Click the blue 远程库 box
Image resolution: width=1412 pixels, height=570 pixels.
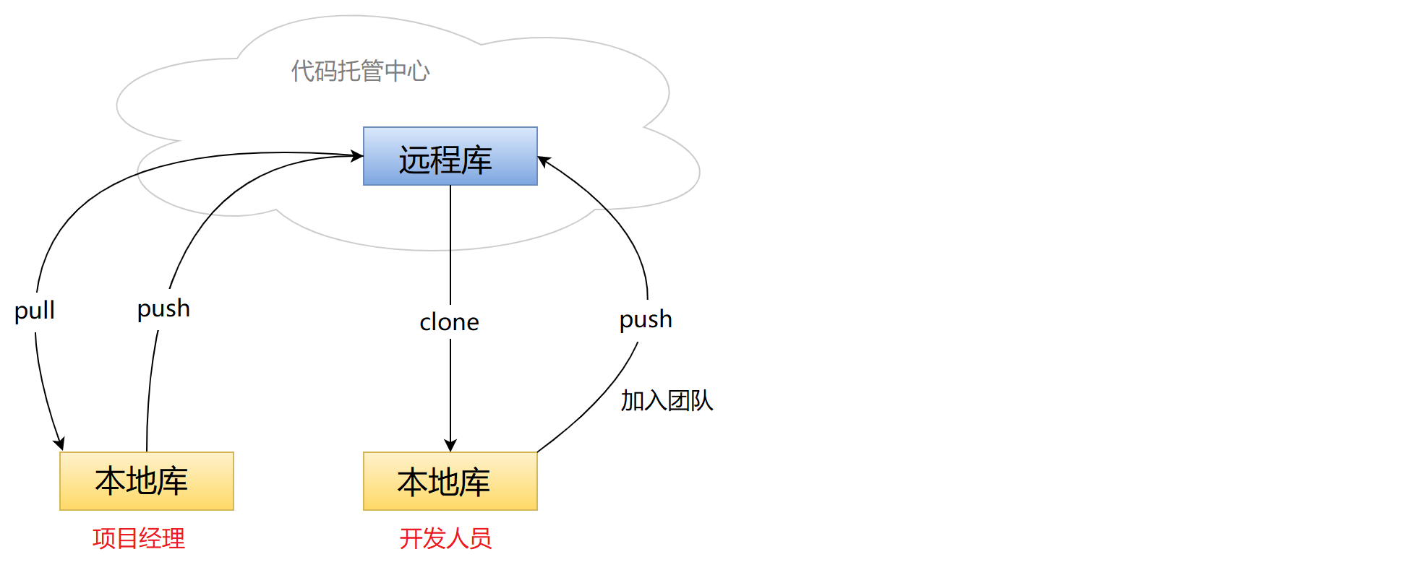450,156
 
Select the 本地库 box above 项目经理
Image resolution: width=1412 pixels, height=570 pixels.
146,481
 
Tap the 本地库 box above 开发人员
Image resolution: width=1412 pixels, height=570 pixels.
450,481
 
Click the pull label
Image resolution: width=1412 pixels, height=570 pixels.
35,311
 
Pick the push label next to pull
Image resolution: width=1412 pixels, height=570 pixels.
163,308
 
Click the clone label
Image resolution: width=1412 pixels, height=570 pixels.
449,322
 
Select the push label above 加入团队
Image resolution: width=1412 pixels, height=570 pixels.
646,319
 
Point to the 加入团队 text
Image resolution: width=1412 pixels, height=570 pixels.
667,400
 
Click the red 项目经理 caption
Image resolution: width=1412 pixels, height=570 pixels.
139,538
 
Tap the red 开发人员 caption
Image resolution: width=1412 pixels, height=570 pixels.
445,538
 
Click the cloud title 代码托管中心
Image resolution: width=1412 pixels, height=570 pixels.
360,71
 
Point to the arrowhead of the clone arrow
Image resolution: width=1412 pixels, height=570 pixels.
450,446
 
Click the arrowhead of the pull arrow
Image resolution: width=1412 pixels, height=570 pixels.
59,444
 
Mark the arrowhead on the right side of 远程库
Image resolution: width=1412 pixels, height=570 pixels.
544,160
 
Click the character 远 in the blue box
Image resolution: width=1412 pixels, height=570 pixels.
414,160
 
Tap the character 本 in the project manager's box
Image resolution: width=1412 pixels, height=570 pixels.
111,481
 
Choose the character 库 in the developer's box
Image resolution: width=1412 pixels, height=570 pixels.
475,482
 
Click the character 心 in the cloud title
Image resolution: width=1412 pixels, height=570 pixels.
418,71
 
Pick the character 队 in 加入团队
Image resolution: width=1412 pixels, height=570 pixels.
701,400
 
